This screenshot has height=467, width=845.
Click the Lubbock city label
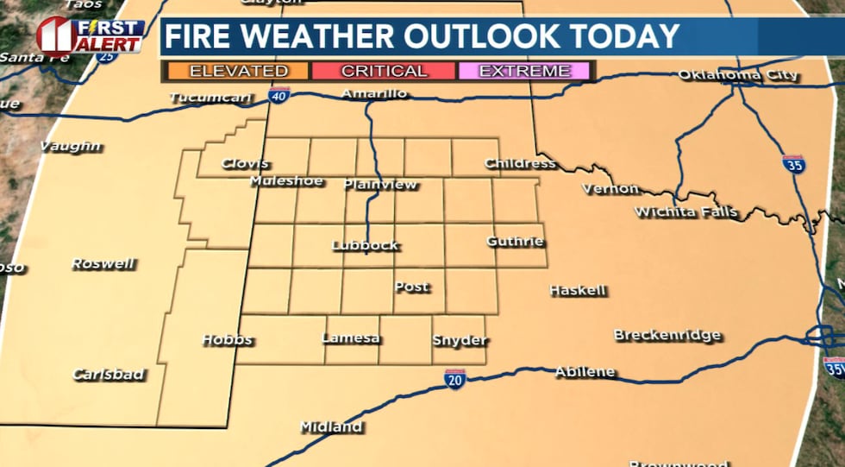point(366,245)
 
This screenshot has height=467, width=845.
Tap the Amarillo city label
point(374,93)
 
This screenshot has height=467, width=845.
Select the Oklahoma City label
point(738,75)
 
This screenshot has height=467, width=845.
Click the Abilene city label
point(585,372)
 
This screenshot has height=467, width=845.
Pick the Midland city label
point(331,426)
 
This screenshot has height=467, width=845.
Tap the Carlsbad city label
point(108,375)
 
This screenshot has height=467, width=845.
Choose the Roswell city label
point(103,263)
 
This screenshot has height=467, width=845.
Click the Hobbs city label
point(227,339)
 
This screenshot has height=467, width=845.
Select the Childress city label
point(520,163)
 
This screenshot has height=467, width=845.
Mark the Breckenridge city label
point(667,335)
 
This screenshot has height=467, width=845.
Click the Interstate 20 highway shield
point(455,377)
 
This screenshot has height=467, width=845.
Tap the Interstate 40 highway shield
point(279,97)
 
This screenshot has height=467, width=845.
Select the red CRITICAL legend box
point(383,71)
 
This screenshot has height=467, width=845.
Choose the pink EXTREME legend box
point(524,71)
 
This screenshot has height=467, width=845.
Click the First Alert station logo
point(90,35)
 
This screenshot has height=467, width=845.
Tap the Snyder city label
point(460,340)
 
